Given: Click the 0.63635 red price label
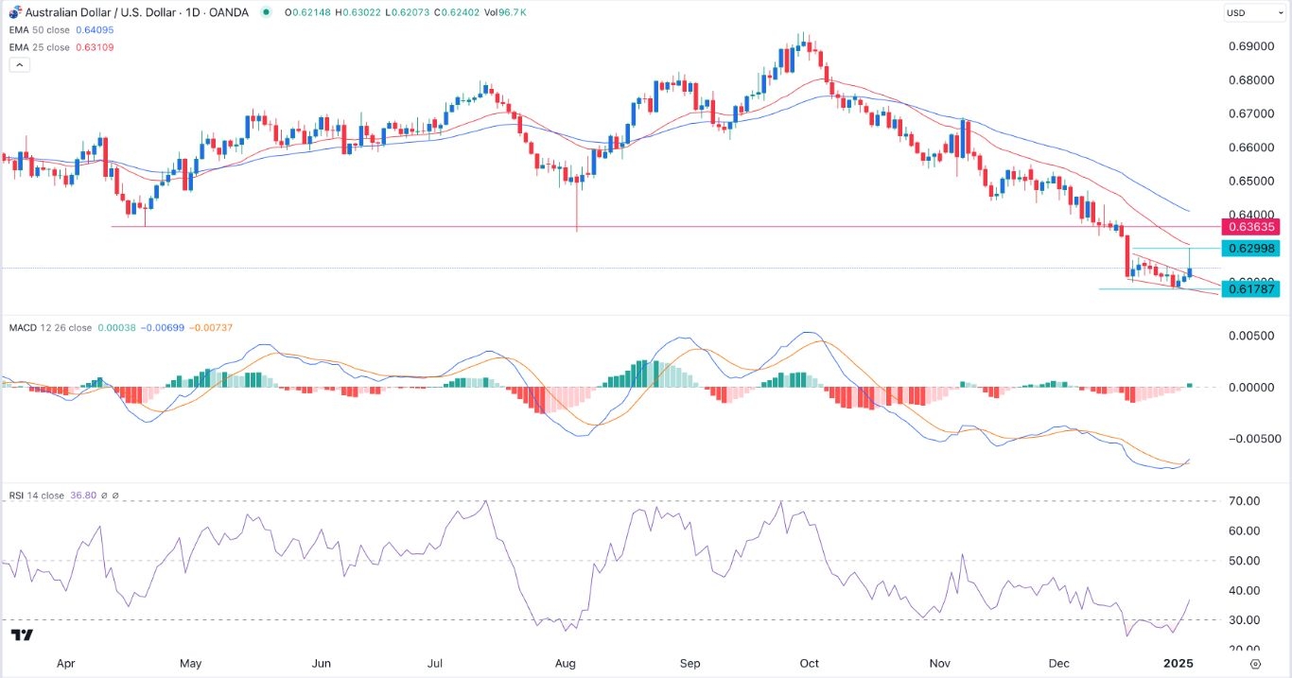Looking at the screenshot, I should [x=1250, y=227].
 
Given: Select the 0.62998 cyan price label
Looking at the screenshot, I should [x=1250, y=249].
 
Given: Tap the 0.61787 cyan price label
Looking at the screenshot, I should [x=1250, y=288].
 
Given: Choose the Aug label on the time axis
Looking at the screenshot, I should [x=566, y=664].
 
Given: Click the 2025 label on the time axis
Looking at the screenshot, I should [x=1179, y=664].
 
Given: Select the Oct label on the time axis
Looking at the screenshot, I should [x=810, y=664].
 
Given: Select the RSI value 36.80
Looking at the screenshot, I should [x=84, y=495].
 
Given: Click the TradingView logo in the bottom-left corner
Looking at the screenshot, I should [x=24, y=635].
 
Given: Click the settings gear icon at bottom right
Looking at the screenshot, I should [x=1255, y=664].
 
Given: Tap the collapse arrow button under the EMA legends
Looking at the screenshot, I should [x=20, y=64].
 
